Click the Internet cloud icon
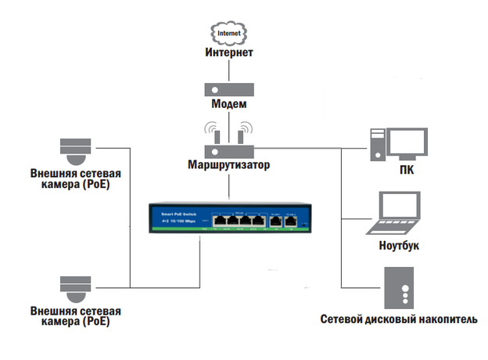[229, 34]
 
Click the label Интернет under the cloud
[229, 53]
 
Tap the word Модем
[229, 104]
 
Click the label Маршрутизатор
[228, 165]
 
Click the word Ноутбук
[398, 246]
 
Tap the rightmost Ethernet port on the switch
[291, 221]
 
